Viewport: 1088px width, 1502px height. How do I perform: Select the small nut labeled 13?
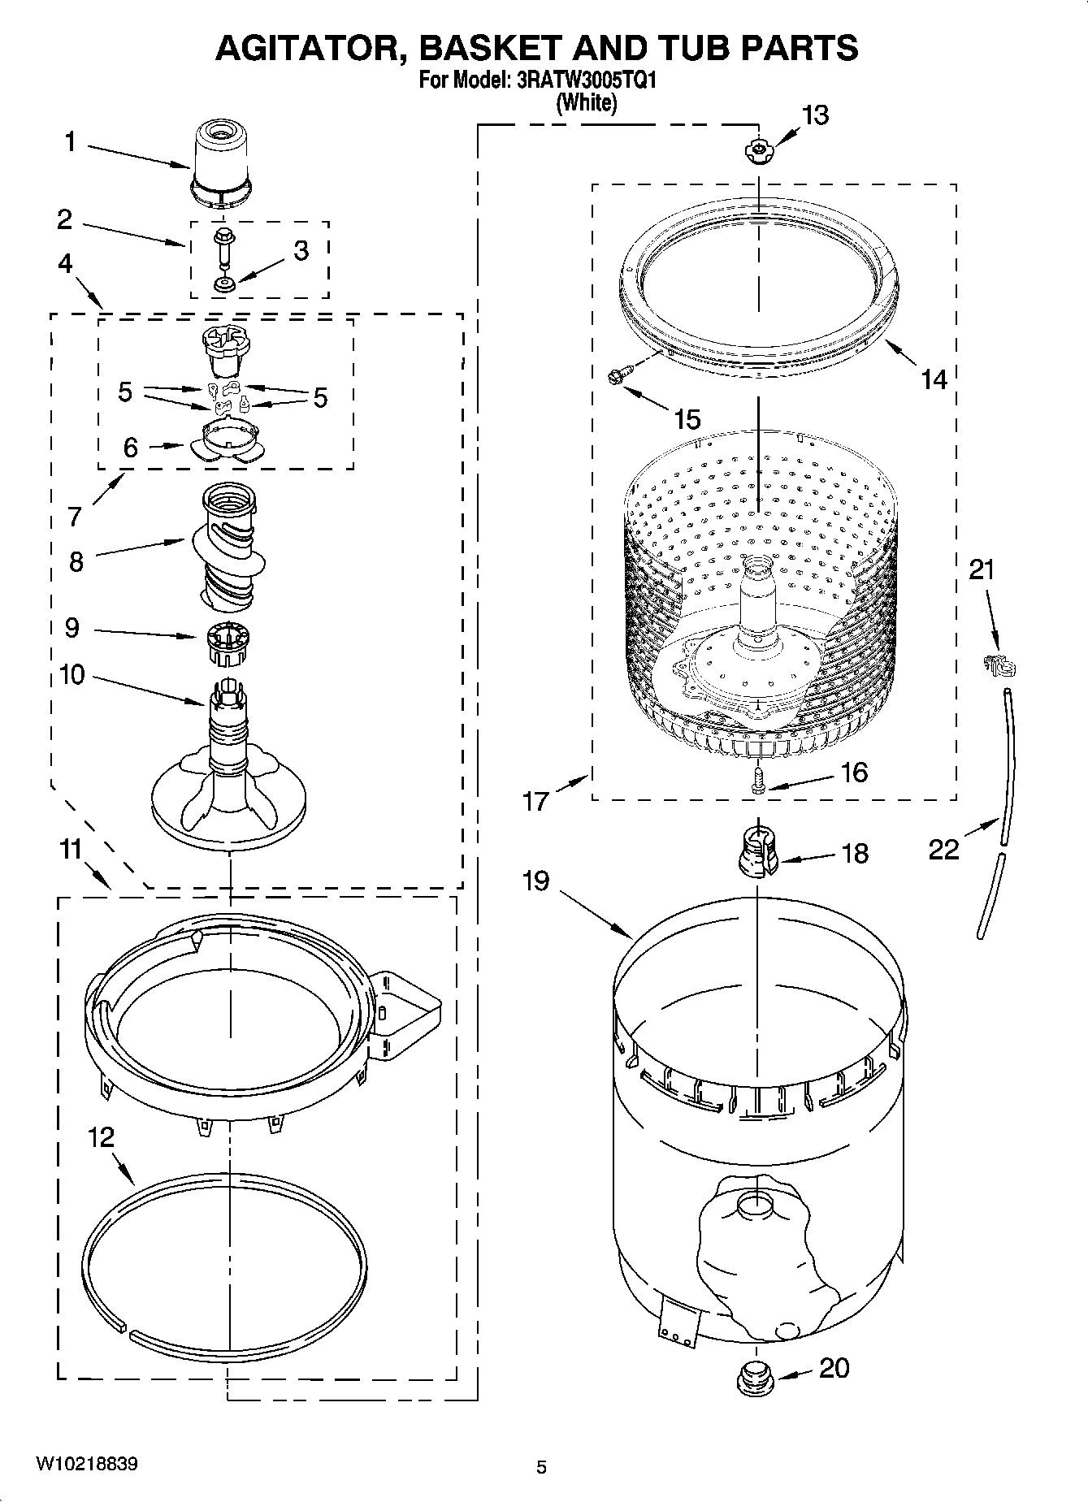coord(757,149)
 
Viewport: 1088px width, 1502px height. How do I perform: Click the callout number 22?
coord(943,850)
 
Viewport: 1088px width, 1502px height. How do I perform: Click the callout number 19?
coord(536,881)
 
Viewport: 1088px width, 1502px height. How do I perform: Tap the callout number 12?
coord(102,1137)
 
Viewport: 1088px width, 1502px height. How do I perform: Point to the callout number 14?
coord(934,379)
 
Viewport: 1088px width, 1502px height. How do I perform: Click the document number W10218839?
coord(87,1463)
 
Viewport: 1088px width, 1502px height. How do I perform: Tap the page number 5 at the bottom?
coord(541,1466)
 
